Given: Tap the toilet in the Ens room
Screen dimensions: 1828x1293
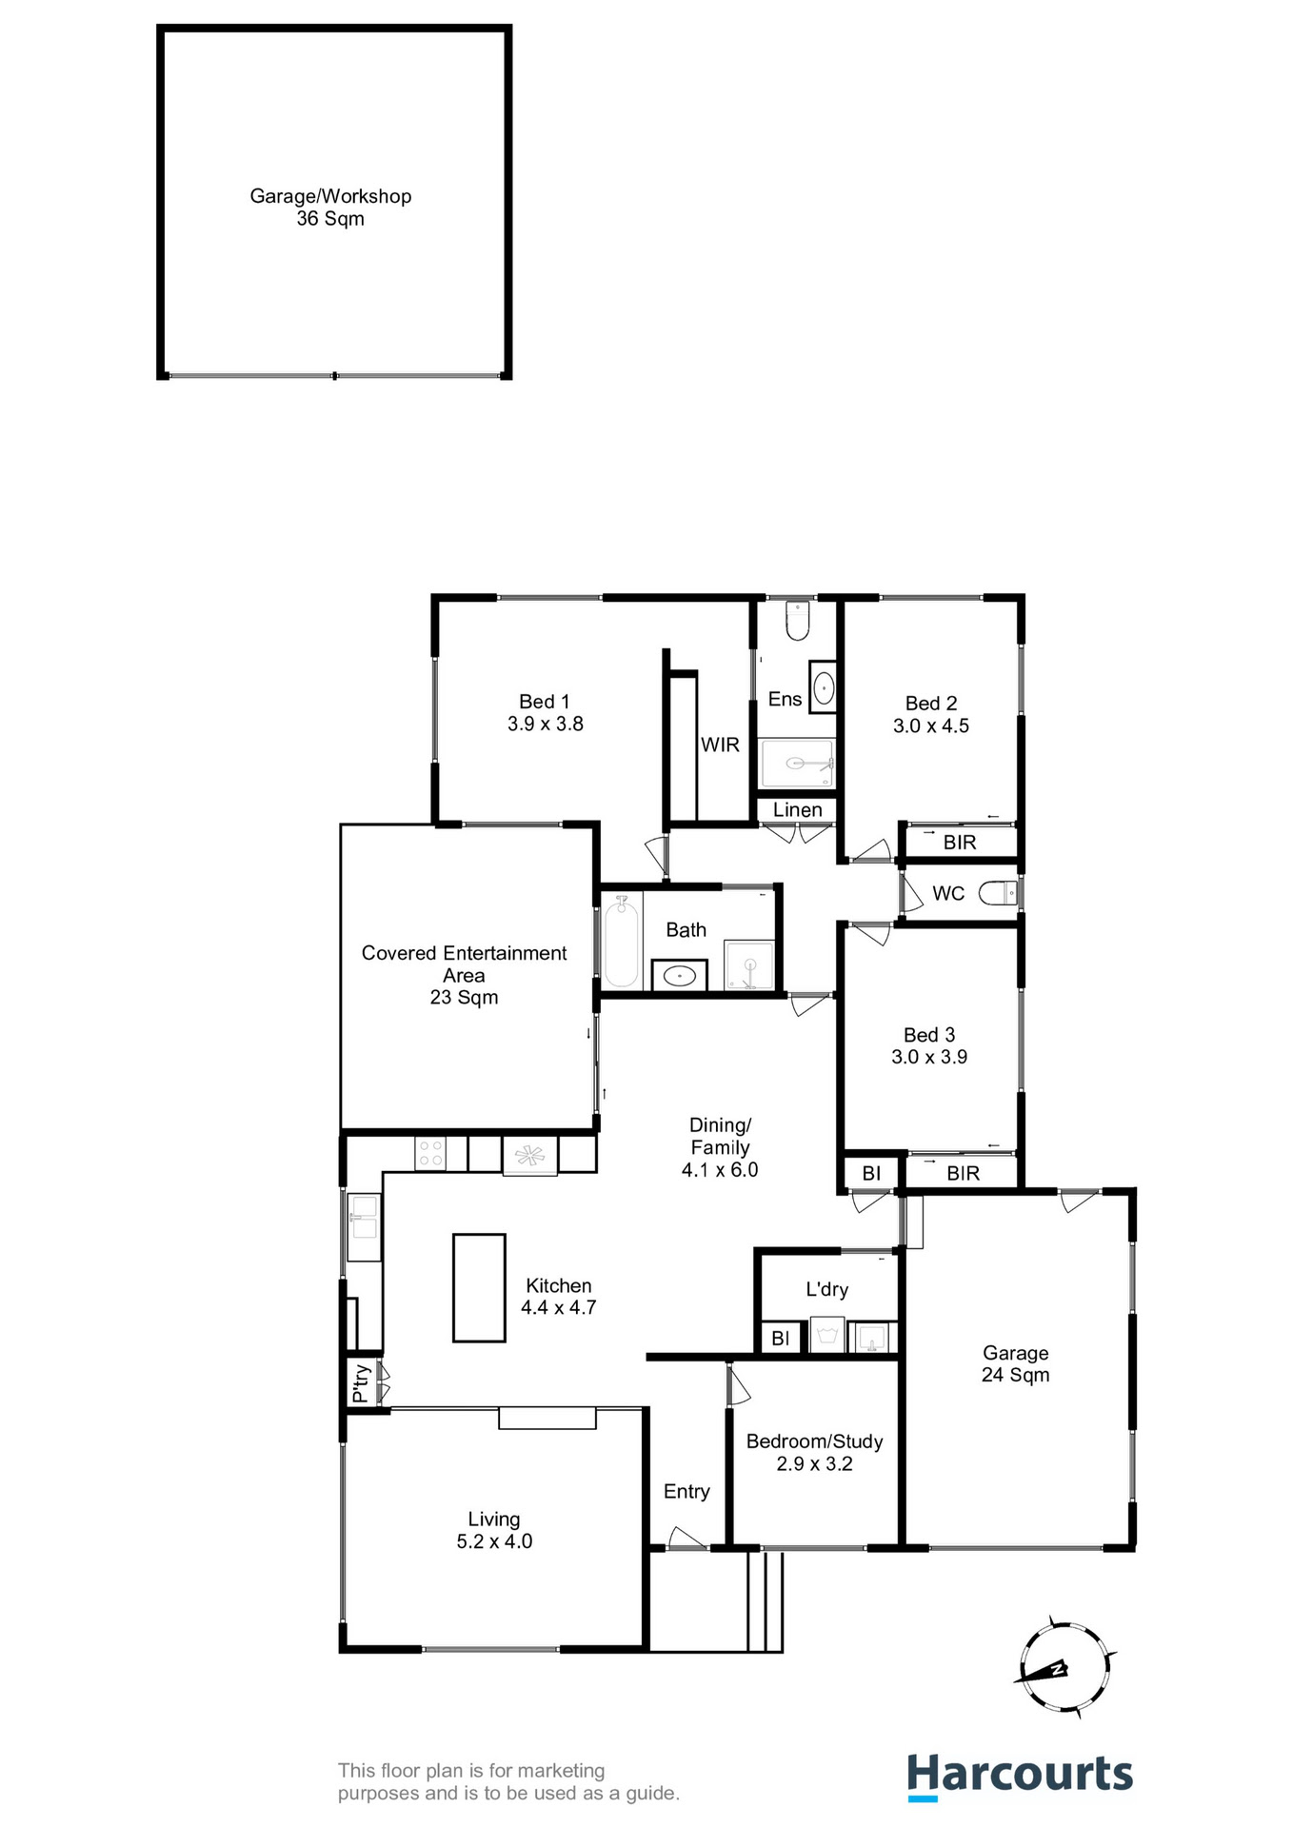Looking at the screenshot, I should [797, 621].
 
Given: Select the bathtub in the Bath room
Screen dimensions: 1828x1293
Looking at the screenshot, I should [621, 942].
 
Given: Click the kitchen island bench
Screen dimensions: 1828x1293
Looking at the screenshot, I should [479, 1287].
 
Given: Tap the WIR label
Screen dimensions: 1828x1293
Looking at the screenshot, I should [720, 745].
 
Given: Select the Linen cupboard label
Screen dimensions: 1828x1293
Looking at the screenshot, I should [797, 810].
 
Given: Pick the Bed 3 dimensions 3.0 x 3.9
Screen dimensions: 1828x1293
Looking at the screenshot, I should [929, 1057].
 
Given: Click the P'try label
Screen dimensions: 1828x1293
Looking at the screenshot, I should [361, 1383].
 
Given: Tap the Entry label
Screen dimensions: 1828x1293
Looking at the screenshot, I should [686, 1492].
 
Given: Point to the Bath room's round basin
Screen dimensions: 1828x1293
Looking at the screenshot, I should [679, 975].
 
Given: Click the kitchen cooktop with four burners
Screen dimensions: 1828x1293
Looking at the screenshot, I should [430, 1154].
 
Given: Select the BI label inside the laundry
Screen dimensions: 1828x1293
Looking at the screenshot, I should [781, 1339].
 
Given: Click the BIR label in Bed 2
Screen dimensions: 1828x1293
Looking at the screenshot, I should [960, 843].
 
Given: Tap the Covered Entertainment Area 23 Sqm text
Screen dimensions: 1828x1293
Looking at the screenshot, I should [464, 975].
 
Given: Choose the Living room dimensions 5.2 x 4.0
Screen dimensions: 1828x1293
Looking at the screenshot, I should [494, 1541].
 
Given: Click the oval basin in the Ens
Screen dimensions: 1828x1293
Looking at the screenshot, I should [824, 686].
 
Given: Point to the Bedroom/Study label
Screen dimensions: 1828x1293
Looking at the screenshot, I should [814, 1441].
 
